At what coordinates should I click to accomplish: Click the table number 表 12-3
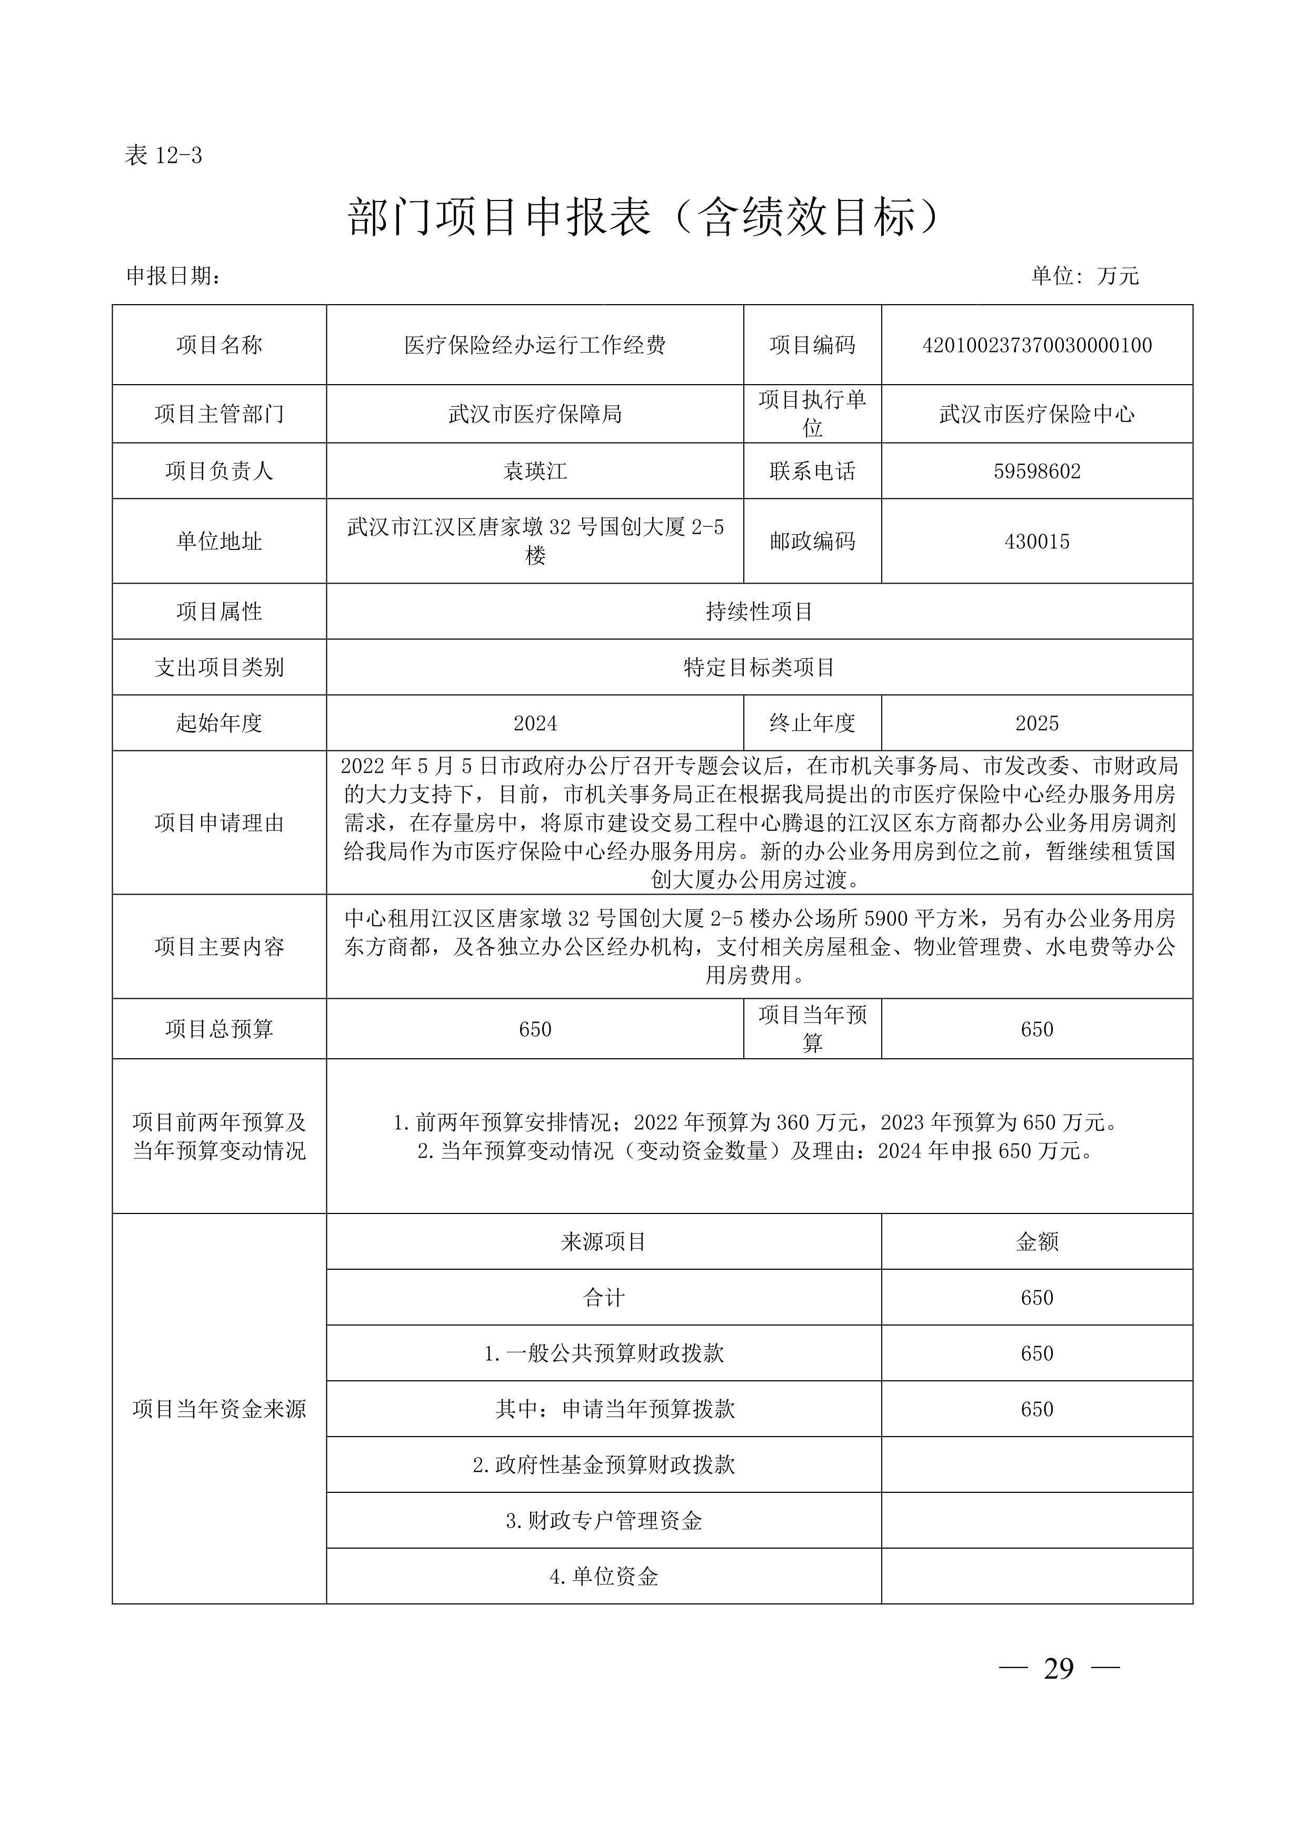pos(163,155)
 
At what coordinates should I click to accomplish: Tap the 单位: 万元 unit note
pos(1085,276)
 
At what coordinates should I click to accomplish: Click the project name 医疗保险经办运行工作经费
pos(535,346)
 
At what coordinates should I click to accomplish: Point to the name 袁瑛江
pos(535,471)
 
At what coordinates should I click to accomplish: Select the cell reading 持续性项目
pos(759,612)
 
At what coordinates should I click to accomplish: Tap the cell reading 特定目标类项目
pos(759,667)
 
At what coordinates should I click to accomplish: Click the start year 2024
pos(535,724)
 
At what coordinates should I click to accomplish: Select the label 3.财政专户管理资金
pos(603,1520)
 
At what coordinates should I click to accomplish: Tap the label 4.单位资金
pos(603,1577)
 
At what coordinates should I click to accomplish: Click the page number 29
pos(1058,1669)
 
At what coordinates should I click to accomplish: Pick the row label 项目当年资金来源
pos(219,1409)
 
